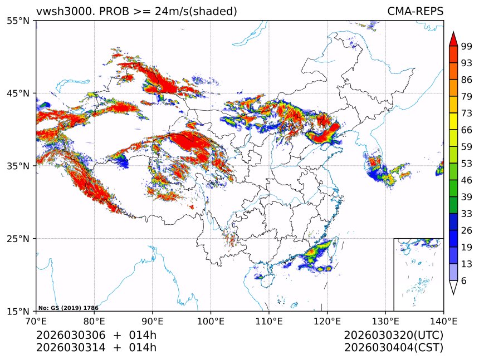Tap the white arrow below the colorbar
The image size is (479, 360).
coord(453,287)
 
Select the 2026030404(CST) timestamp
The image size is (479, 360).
coord(393,348)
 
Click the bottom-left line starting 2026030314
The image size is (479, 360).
coord(96,348)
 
